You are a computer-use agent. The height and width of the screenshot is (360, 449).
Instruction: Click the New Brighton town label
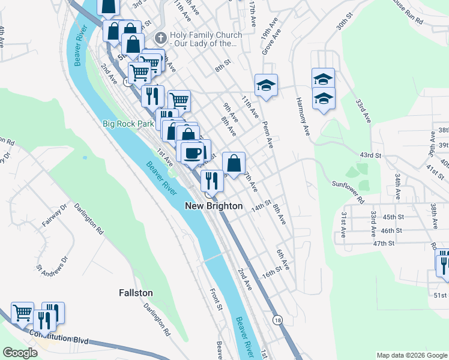[213, 206]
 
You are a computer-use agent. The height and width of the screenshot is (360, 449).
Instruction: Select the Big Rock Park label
[128, 124]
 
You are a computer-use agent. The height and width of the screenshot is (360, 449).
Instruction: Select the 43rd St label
[370, 155]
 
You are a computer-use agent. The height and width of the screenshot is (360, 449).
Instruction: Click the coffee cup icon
[193, 152]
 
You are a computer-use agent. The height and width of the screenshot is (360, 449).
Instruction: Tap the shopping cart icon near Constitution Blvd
[22, 312]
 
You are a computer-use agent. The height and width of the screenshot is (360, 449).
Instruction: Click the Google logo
[20, 353]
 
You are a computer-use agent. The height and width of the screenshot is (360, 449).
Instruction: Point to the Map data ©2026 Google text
[411, 355]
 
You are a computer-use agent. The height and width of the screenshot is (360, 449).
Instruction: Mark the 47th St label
[383, 243]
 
